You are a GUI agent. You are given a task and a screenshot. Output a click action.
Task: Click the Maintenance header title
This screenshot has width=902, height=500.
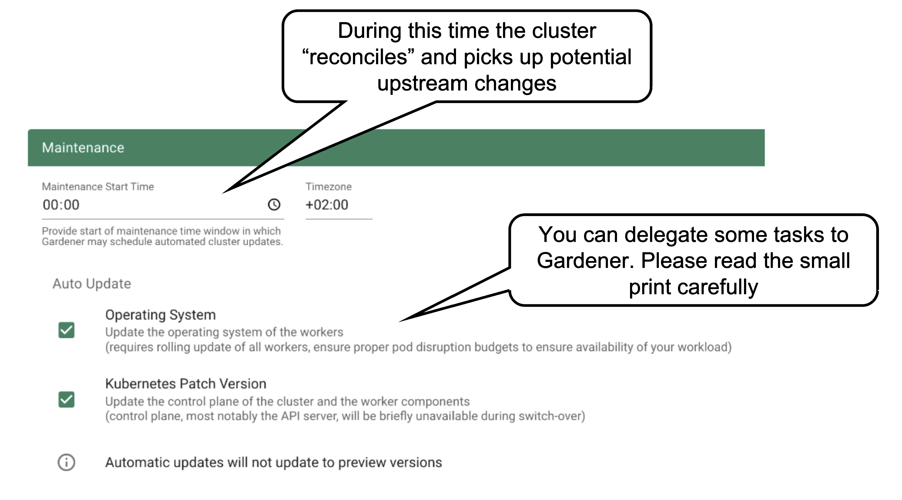83,148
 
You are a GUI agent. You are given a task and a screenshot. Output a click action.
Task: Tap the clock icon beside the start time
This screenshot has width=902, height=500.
274,205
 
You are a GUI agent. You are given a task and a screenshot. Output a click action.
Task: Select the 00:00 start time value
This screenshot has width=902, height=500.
61,205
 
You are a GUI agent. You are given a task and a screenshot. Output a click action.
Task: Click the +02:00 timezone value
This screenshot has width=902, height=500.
327,205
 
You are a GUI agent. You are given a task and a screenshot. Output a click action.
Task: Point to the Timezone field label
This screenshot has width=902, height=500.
328,186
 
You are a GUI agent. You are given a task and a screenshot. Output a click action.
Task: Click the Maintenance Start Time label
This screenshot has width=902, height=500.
98,186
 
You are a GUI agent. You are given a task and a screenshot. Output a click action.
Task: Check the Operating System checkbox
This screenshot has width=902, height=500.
66,330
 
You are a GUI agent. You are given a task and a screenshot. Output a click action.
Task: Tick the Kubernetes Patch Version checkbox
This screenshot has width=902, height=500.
66,399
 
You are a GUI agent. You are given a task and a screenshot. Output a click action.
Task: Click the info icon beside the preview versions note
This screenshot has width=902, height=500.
66,462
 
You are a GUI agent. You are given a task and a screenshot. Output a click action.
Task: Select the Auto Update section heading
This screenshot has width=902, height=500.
92,283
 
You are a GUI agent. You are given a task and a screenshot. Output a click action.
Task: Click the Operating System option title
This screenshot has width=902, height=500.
160,315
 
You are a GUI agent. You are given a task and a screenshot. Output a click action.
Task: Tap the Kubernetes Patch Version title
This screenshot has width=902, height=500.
186,384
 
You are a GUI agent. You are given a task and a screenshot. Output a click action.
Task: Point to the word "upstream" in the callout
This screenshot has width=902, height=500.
422,83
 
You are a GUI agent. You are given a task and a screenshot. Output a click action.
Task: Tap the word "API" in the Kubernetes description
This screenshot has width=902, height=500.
290,416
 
